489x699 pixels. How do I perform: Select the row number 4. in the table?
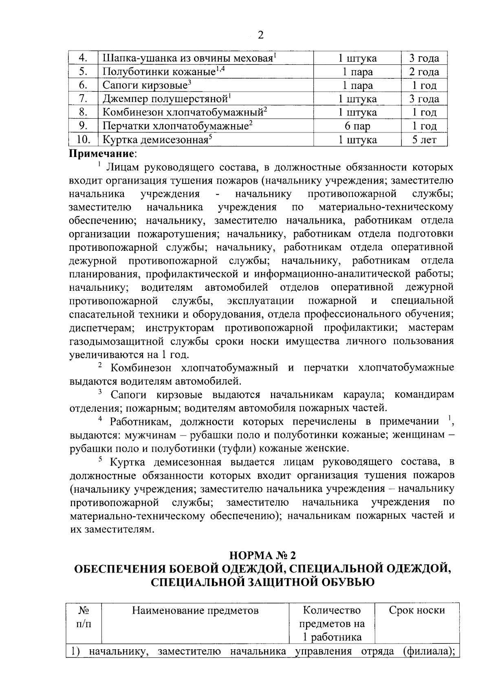point(83,58)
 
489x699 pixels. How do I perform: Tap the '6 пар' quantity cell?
point(357,126)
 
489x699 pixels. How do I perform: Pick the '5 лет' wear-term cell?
point(424,140)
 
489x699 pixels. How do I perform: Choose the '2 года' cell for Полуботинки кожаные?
point(424,72)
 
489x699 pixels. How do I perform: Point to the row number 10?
point(83,140)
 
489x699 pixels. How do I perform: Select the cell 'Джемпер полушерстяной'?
point(165,99)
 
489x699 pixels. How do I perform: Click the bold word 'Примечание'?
point(101,154)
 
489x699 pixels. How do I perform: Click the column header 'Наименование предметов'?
point(195,611)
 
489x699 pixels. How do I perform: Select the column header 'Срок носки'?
point(417,611)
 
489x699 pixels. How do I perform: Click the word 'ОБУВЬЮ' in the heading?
point(341,582)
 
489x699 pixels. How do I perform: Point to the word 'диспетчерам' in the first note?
point(98,328)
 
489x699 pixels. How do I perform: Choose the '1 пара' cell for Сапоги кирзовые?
point(357,86)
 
